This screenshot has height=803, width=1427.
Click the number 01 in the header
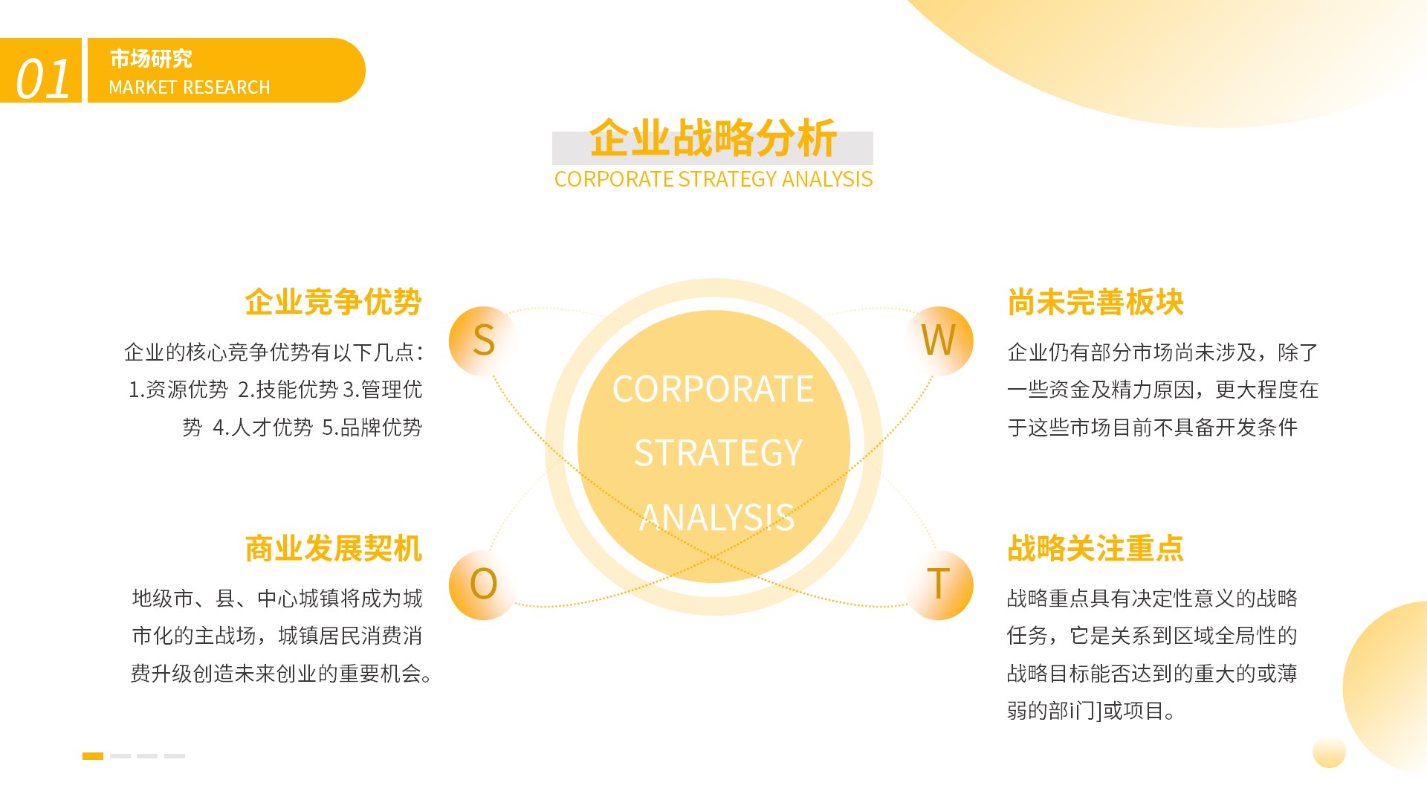click(x=43, y=79)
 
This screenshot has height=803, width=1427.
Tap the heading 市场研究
click(x=151, y=58)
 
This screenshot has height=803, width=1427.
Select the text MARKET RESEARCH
click(x=190, y=88)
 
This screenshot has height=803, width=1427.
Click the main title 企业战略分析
click(x=713, y=138)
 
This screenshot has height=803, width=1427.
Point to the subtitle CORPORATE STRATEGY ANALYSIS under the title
click(x=713, y=179)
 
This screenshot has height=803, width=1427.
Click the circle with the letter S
click(x=483, y=341)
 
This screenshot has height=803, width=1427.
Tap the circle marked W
click(x=938, y=341)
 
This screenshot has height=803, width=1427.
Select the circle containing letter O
click(x=483, y=585)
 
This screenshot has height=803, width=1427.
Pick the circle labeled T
click(x=938, y=585)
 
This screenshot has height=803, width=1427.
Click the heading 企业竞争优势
click(x=334, y=303)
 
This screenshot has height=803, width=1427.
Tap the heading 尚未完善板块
click(x=1096, y=303)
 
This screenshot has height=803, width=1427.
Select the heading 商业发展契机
click(x=334, y=549)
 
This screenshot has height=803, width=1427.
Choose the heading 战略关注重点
click(x=1096, y=549)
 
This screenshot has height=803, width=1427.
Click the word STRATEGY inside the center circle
click(x=718, y=453)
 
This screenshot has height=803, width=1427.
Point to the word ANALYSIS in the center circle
click(x=717, y=517)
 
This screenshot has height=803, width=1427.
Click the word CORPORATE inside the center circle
click(x=713, y=389)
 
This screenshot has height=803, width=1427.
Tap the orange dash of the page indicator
click(x=93, y=756)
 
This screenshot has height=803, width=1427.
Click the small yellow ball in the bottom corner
click(x=1329, y=752)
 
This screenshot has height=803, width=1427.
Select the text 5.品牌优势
click(x=372, y=428)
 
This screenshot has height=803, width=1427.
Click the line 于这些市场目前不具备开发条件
click(x=1153, y=428)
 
